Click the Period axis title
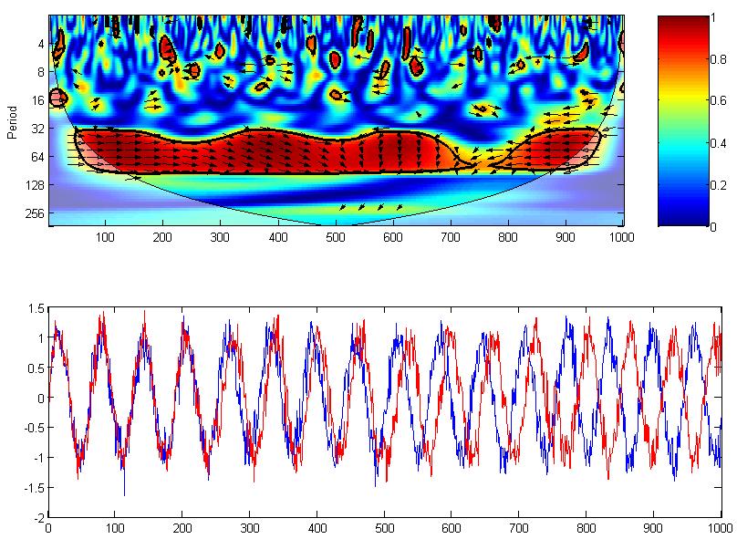click(12, 120)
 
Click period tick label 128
click(36, 185)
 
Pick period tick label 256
click(36, 213)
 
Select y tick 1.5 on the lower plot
click(35, 308)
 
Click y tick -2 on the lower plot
click(37, 517)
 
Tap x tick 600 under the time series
click(452, 527)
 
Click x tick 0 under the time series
click(48, 527)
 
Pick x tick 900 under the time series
click(653, 527)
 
